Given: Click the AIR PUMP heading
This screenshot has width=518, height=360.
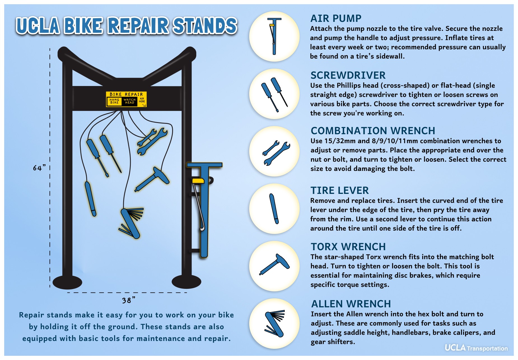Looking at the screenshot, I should tap(335, 18).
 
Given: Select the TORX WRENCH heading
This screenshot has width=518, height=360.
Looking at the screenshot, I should tap(348, 247).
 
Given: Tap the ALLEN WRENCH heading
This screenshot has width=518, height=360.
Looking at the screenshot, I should tap(351, 304).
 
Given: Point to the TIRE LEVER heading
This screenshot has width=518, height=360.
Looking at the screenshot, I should tap(339, 191).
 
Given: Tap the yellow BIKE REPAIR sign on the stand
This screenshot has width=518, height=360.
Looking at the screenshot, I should tap(126, 99).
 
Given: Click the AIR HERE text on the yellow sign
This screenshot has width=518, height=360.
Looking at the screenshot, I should tap(142, 100).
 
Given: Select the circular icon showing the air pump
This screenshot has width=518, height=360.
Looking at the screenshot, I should tap(274, 36).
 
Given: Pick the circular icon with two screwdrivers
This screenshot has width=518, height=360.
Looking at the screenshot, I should tap(274, 94).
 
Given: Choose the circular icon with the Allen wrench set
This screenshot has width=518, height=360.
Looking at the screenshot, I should tap(274, 323).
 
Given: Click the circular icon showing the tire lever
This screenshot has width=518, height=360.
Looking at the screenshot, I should tap(274, 209).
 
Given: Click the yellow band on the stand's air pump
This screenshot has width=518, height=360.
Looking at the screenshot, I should tap(198, 181).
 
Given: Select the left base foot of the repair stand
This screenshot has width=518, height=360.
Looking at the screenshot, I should tap(67, 282).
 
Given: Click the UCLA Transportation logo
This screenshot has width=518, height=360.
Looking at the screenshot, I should tap(476, 348).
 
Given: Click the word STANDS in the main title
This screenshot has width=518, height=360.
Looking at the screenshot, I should tap(205, 26).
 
